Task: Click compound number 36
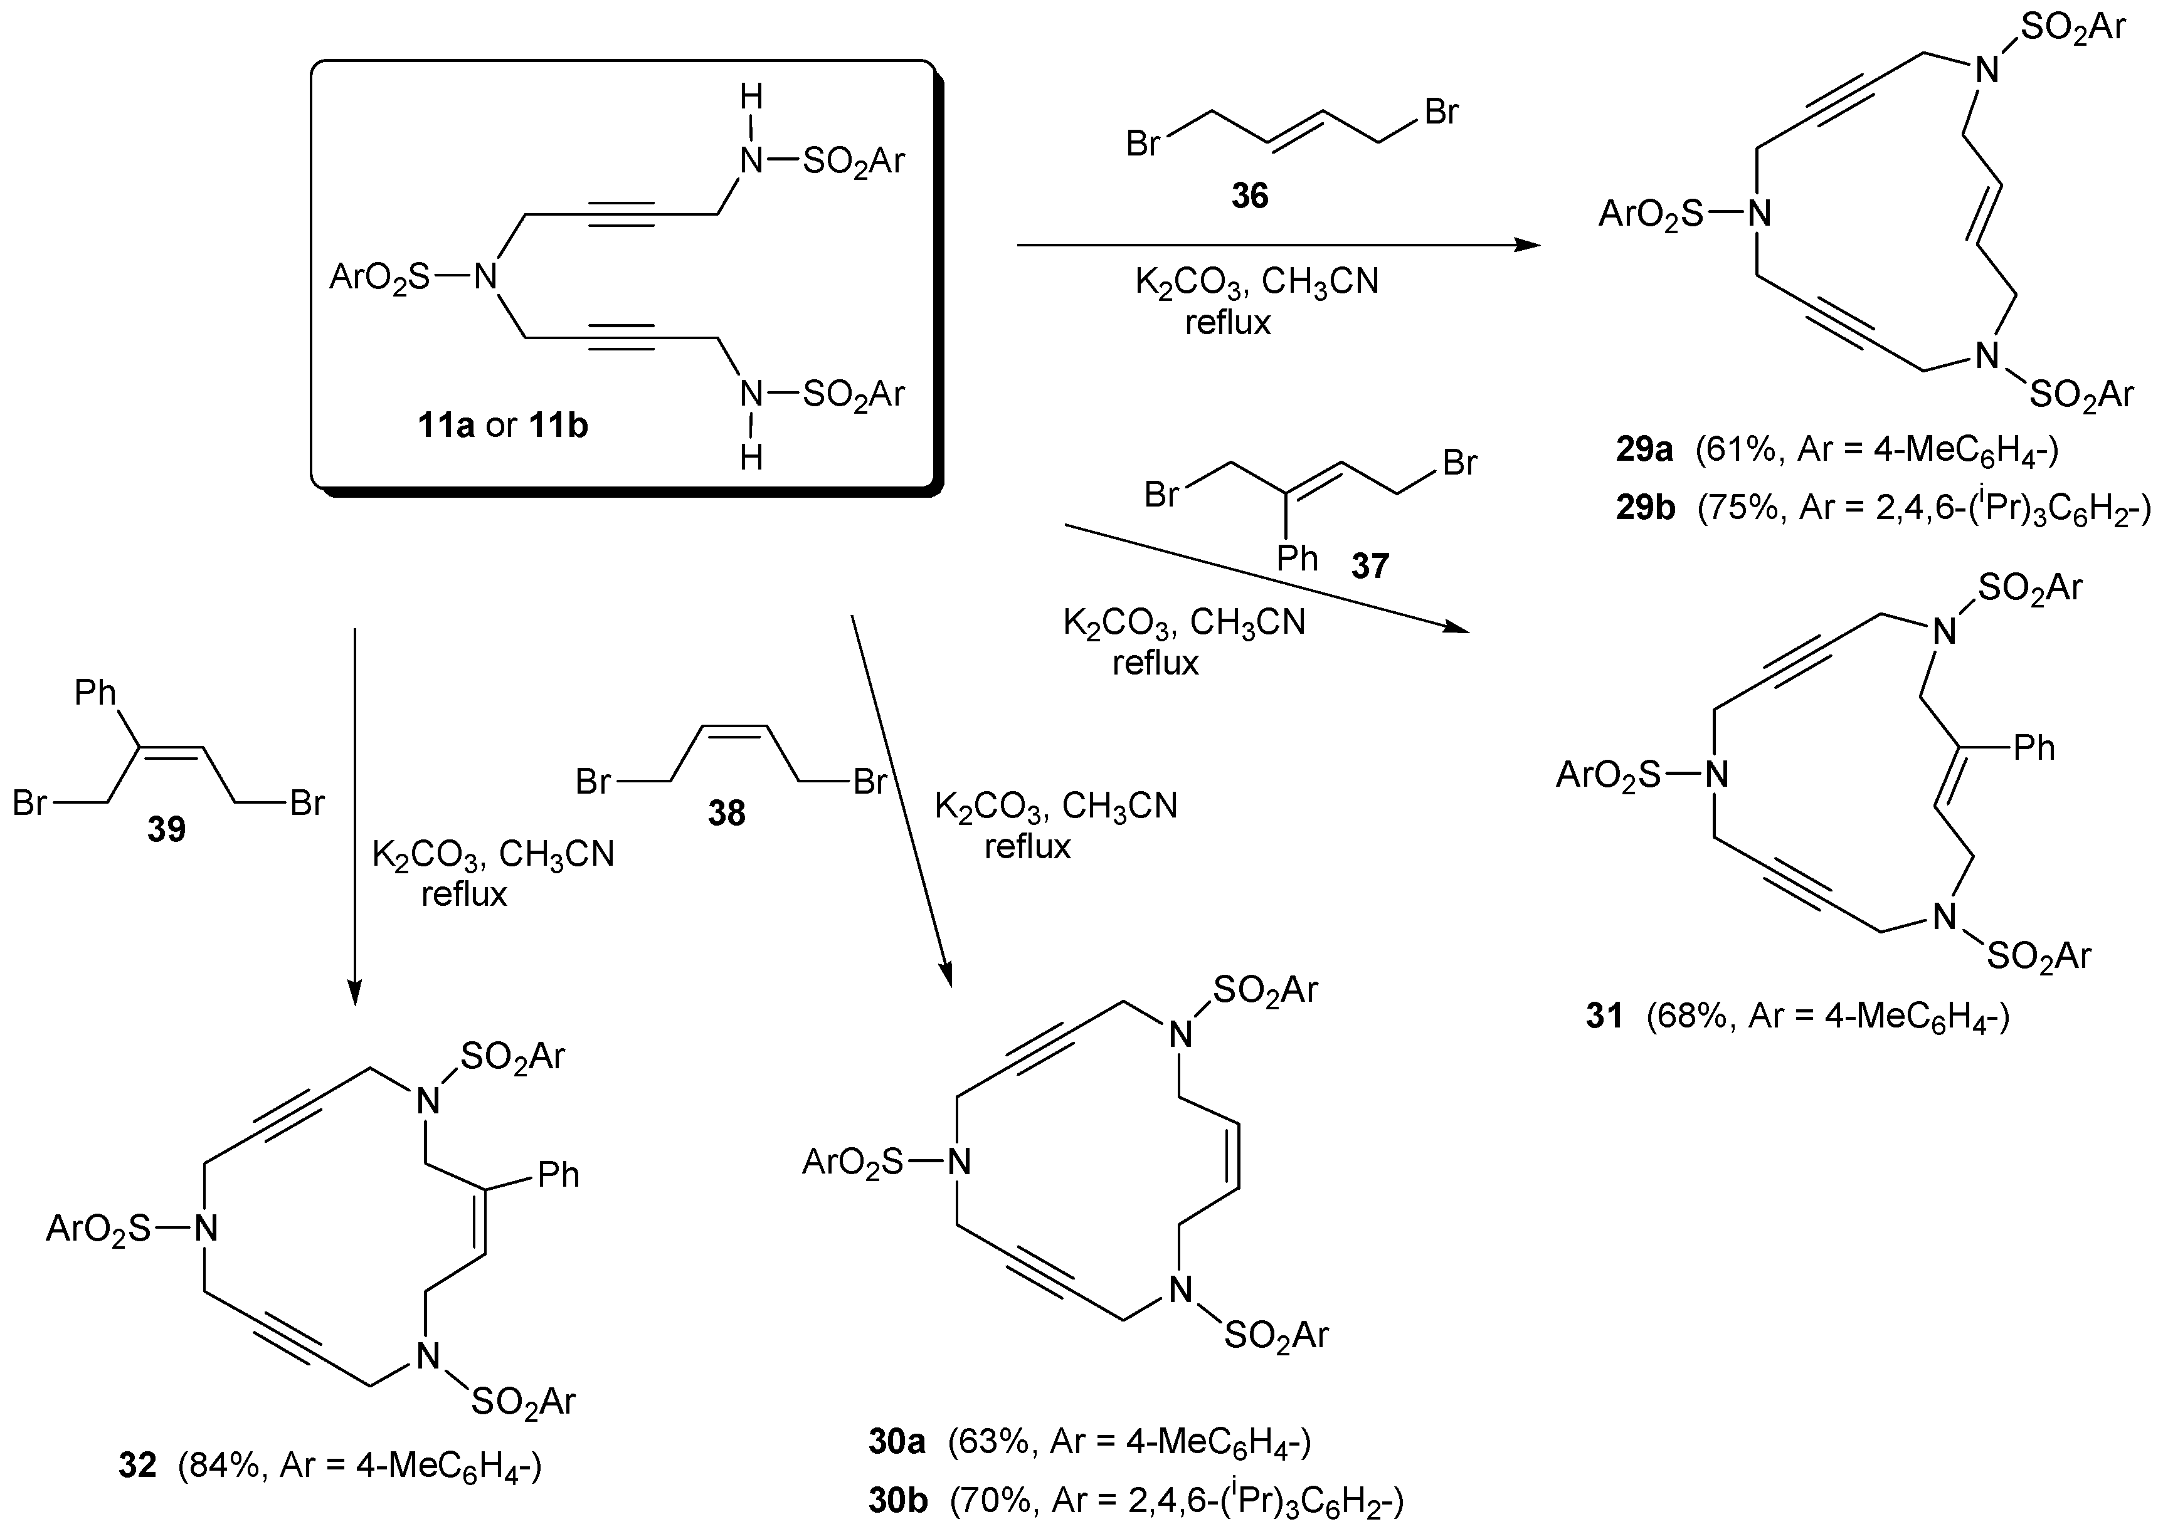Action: (1249, 196)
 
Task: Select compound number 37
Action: (1370, 566)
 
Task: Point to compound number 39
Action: (166, 829)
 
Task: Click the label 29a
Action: (1644, 449)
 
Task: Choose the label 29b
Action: (1645, 508)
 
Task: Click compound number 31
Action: (1604, 1016)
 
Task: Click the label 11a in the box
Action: (446, 426)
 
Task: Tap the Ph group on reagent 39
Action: (95, 693)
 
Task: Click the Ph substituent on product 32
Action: (558, 1175)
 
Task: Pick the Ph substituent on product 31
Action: (2034, 748)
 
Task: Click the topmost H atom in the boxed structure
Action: (751, 97)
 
